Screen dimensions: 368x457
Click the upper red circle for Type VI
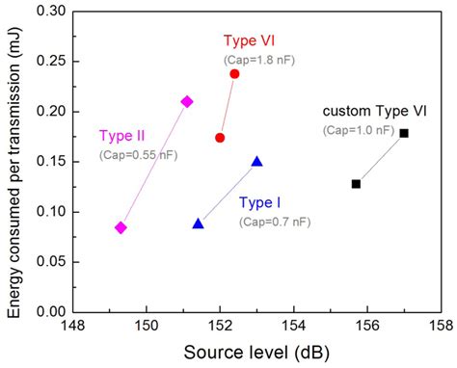point(234,74)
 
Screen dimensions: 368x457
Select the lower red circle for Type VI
point(220,138)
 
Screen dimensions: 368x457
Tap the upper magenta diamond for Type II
point(187,101)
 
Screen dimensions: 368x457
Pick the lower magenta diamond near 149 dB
point(121,227)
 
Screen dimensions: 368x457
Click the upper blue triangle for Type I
point(256,161)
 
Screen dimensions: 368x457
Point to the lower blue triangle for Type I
point(198,223)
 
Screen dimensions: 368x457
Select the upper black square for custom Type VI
point(404,133)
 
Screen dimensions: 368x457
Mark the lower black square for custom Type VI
point(356,183)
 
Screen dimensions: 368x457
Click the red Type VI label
point(252,40)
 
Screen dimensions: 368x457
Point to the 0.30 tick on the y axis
point(58,12)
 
